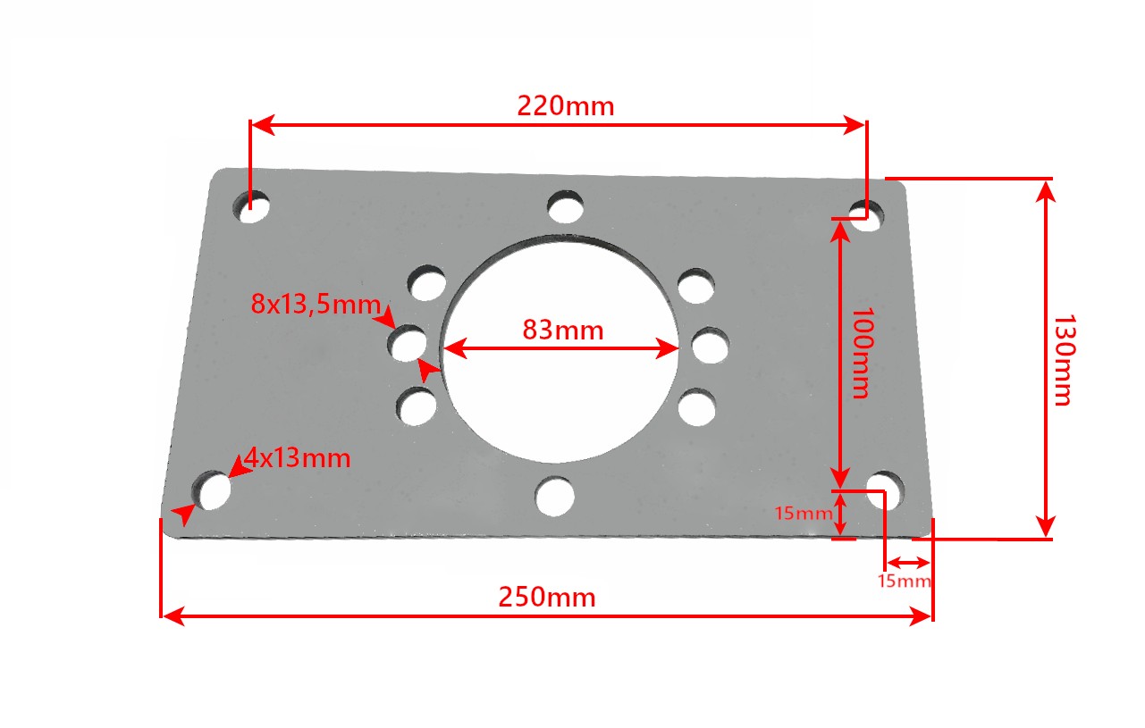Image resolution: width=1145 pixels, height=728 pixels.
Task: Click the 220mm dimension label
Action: click(565, 106)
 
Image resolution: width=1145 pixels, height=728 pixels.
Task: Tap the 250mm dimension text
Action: click(547, 597)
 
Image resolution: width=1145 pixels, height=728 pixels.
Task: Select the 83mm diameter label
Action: click(563, 330)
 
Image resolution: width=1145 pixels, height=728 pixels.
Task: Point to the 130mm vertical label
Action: click(1065, 360)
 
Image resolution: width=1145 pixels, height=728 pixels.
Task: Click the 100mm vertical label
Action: click(863, 353)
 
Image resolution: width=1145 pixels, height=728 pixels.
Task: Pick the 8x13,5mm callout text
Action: click(316, 305)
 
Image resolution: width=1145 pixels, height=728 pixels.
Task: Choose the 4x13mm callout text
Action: click(297, 457)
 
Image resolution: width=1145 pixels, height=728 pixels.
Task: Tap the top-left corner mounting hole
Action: click(251, 207)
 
